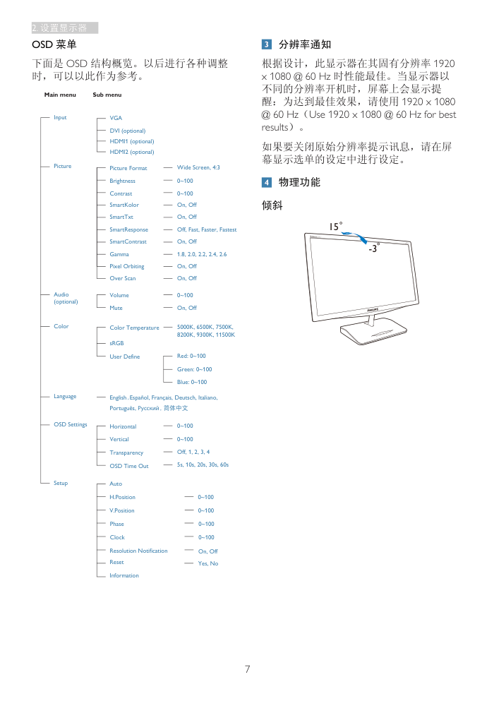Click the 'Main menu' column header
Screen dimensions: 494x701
(60, 95)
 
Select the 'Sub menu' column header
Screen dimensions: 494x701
(107, 95)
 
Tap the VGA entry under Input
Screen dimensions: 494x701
(116, 118)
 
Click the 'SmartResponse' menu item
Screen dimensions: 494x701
(128, 230)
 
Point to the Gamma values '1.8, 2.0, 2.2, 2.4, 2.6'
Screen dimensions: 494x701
(202, 254)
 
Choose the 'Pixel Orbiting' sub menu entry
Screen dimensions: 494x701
(127, 266)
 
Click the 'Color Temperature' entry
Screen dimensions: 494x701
(134, 328)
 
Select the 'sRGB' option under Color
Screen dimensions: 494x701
(116, 343)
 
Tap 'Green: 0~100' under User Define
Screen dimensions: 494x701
(195, 369)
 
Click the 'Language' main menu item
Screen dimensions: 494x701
(65, 397)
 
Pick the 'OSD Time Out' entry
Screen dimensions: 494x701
(129, 466)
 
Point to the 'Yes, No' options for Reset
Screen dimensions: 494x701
(208, 563)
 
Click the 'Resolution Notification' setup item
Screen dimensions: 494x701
(138, 551)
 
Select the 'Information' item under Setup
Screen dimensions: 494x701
(123, 575)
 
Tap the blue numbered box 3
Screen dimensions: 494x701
(267, 44)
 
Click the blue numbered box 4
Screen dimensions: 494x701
(267, 182)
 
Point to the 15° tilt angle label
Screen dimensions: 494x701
(336, 226)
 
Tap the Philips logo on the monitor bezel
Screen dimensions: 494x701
(373, 309)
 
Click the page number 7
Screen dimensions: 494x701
(247, 669)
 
